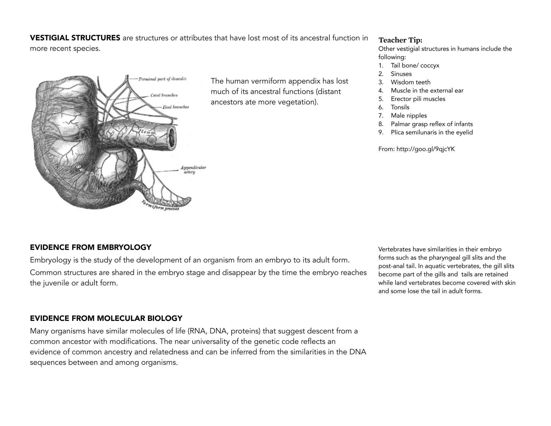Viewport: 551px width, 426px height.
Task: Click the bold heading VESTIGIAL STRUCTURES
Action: pos(75,38)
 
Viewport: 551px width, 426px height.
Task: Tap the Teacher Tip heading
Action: pos(400,40)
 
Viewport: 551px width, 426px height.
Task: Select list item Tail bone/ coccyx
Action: pos(415,65)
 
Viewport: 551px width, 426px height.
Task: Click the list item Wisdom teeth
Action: pos(411,82)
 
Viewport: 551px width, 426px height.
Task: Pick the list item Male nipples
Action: pos(409,116)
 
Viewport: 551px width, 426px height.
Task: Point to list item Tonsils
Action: pos(400,107)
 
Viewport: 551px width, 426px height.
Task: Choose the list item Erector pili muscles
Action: pos(418,99)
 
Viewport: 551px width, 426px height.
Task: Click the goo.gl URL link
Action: pos(425,149)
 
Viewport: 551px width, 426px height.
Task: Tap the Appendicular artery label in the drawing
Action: pos(193,170)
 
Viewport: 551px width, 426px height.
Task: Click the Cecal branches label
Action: pos(164,95)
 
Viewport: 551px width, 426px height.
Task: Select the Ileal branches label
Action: pos(175,107)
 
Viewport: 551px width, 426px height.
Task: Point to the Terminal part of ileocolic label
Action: pos(162,79)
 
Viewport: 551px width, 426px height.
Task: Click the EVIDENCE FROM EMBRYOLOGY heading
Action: pos(90,247)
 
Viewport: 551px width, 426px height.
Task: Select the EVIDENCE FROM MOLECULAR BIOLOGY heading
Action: pos(106,318)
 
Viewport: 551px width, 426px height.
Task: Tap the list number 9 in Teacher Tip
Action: pos(381,132)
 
